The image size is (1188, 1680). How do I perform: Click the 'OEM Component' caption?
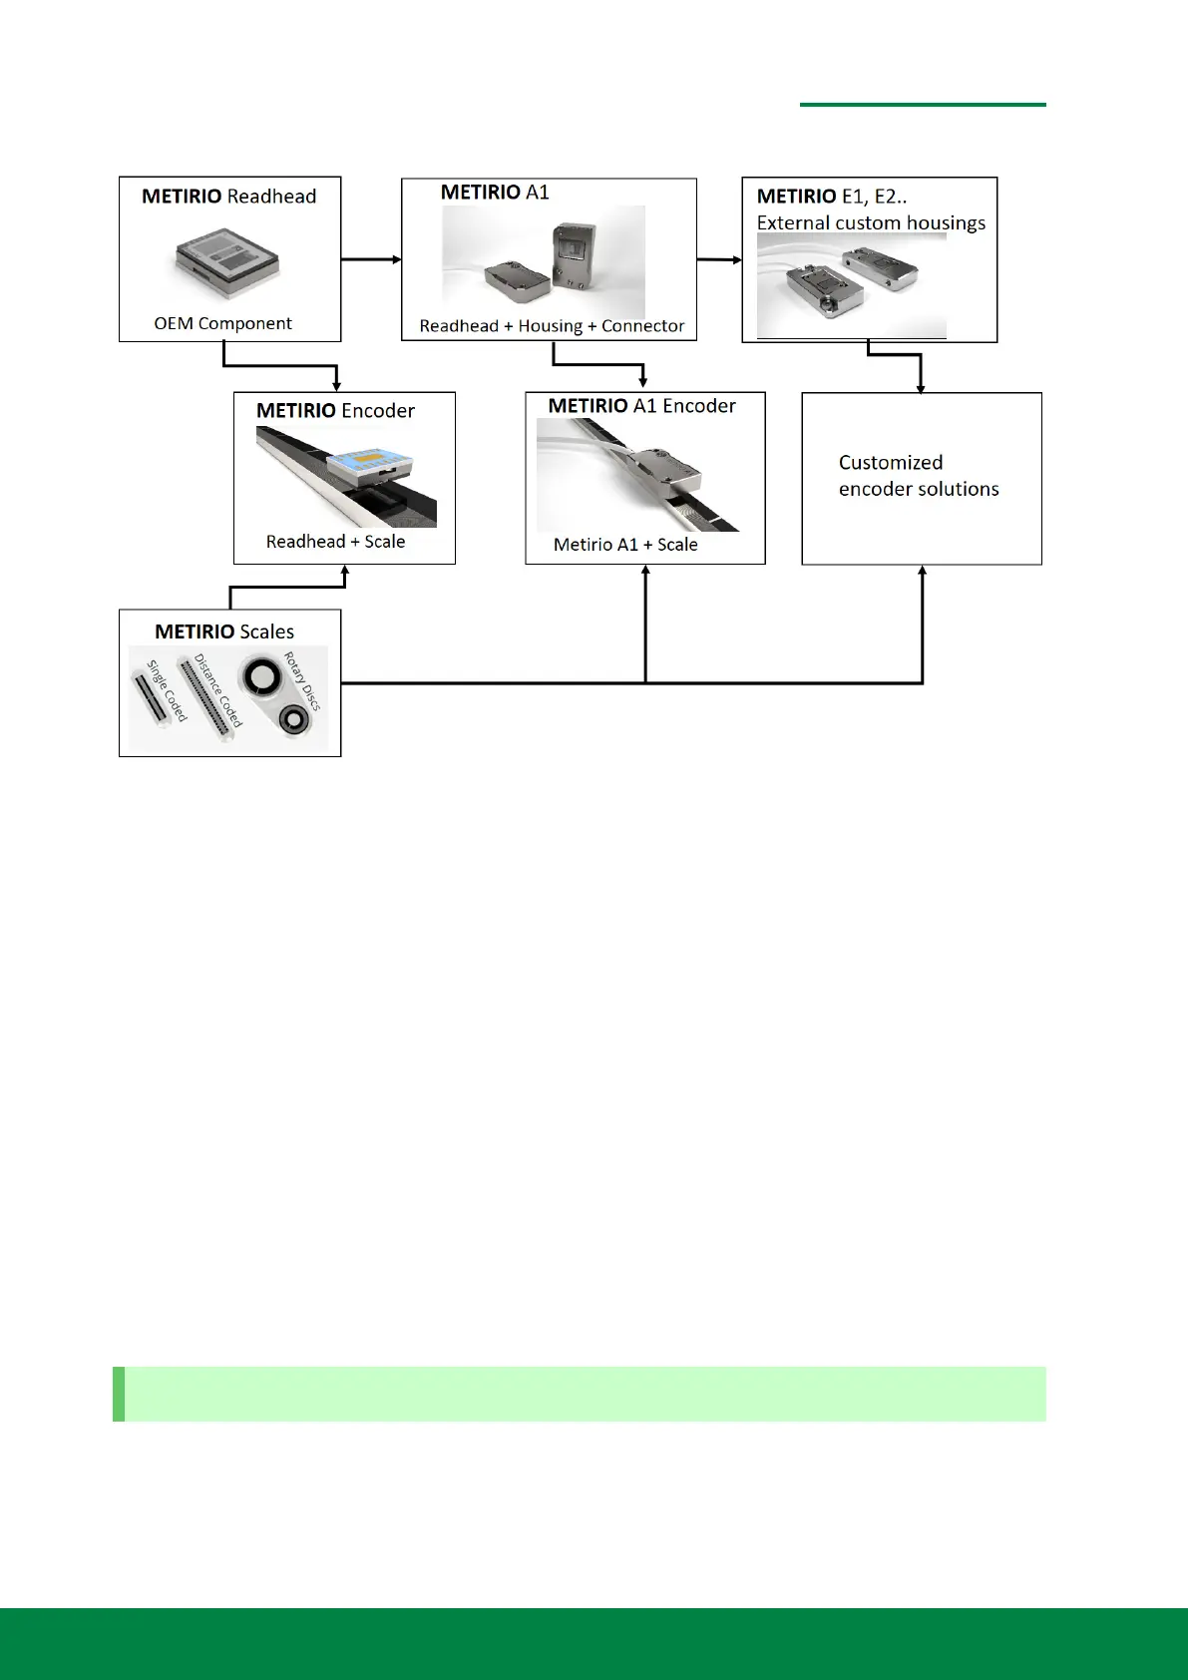coord(222,323)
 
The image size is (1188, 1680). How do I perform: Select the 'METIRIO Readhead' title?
coord(228,197)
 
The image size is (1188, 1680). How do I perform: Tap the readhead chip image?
coord(227,262)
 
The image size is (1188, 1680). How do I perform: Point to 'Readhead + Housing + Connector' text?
coord(552,326)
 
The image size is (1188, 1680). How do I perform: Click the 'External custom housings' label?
coord(871,222)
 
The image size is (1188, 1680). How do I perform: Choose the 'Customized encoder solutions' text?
coord(919,476)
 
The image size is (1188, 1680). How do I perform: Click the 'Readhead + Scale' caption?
coord(335,542)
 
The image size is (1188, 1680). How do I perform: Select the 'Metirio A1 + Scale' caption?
coord(625,545)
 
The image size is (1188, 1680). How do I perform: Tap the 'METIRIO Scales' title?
coord(224,631)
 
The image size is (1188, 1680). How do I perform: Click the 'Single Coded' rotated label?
coord(167,690)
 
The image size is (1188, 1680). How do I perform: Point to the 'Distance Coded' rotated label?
coord(218,690)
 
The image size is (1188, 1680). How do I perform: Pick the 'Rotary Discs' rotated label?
coord(302,681)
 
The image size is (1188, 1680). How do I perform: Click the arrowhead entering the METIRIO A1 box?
coord(397,259)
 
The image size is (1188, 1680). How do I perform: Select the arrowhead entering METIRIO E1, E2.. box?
coord(737,260)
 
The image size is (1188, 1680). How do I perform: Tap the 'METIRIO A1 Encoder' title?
coord(641,406)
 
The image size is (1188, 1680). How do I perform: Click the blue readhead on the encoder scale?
coord(370,464)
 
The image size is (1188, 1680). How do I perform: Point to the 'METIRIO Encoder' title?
coord(335,411)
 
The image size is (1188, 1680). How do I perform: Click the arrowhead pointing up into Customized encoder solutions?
coord(923,571)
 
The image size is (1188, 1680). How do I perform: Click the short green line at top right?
coord(923,104)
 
